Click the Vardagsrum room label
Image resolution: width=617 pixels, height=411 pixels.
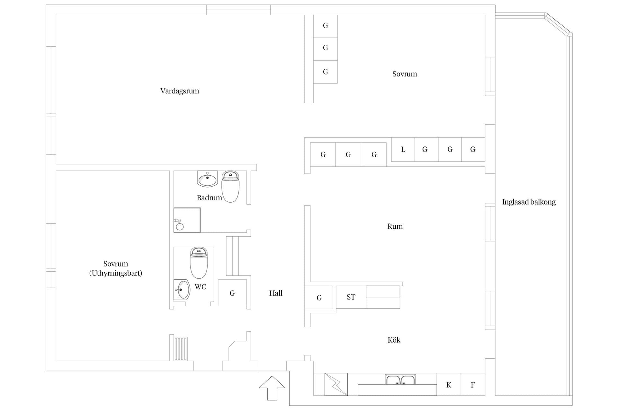point(180,91)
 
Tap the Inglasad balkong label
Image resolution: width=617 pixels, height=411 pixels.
point(529,202)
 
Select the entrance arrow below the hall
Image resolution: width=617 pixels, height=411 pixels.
point(272,388)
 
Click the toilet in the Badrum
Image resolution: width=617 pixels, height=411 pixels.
point(230,187)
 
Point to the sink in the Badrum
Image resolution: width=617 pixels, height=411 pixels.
point(207,179)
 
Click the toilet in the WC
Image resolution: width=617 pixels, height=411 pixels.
point(199,263)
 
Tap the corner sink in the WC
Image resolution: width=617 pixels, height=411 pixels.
point(182,290)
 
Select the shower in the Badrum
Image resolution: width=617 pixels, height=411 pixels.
point(187,220)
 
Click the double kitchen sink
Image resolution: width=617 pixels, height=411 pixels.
point(400,380)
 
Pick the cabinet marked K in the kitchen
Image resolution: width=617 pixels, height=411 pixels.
point(449,384)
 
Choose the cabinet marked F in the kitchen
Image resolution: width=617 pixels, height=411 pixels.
point(473,384)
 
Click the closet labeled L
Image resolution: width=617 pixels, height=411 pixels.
point(403,150)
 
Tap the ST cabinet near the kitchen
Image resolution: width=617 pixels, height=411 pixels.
point(351,297)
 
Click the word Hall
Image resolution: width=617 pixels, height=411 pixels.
point(276,293)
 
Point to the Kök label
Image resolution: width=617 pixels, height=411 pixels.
point(394,340)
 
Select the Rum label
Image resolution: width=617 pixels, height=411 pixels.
point(395,226)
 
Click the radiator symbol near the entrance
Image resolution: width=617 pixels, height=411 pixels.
point(181,349)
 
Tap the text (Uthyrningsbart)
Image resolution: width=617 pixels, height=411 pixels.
point(116,273)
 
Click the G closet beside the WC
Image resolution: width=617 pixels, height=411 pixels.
point(232,293)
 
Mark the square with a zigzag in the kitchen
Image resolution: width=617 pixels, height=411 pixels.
point(336,384)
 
